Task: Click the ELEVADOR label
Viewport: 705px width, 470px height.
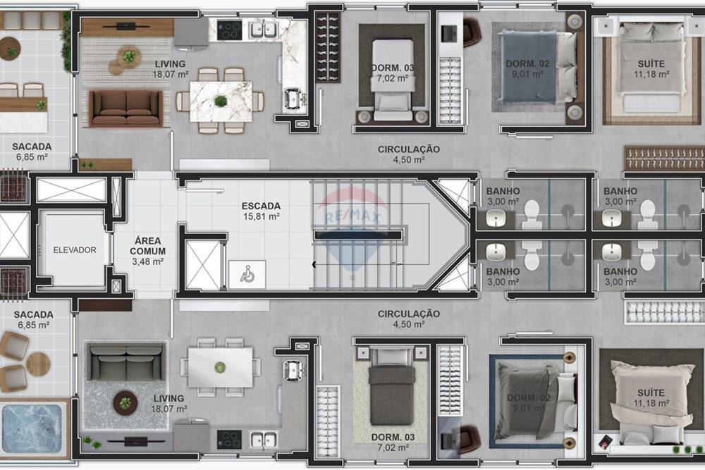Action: (74, 250)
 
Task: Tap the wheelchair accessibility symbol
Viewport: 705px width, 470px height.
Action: (247, 275)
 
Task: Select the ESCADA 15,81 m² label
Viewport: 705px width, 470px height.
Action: (261, 211)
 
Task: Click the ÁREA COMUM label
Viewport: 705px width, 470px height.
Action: (148, 251)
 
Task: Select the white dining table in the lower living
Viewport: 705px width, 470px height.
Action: (220, 367)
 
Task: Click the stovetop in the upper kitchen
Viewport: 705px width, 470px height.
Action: (229, 30)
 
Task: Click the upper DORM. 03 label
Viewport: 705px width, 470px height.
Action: (393, 73)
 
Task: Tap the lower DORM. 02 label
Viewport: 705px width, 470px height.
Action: (528, 402)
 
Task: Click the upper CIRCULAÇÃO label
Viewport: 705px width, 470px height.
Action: (409, 154)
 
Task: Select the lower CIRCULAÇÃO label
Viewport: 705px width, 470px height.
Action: (409, 319)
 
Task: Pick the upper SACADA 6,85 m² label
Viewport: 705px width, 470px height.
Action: (31, 151)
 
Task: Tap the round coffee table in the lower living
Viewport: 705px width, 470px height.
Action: (125, 403)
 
